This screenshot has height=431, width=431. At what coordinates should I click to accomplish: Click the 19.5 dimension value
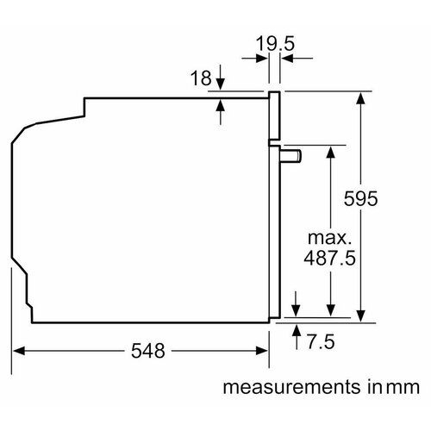275,44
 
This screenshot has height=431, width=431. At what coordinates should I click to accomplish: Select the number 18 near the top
201,78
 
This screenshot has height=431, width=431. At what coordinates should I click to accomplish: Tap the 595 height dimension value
360,198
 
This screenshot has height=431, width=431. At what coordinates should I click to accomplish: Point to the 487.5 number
329,258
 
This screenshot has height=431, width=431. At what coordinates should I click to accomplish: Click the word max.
329,238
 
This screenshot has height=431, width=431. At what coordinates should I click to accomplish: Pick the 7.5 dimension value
321,341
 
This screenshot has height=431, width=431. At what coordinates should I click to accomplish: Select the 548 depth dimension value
148,351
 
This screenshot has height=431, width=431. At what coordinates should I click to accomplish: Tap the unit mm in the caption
403,388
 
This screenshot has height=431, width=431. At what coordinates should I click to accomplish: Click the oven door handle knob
290,156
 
